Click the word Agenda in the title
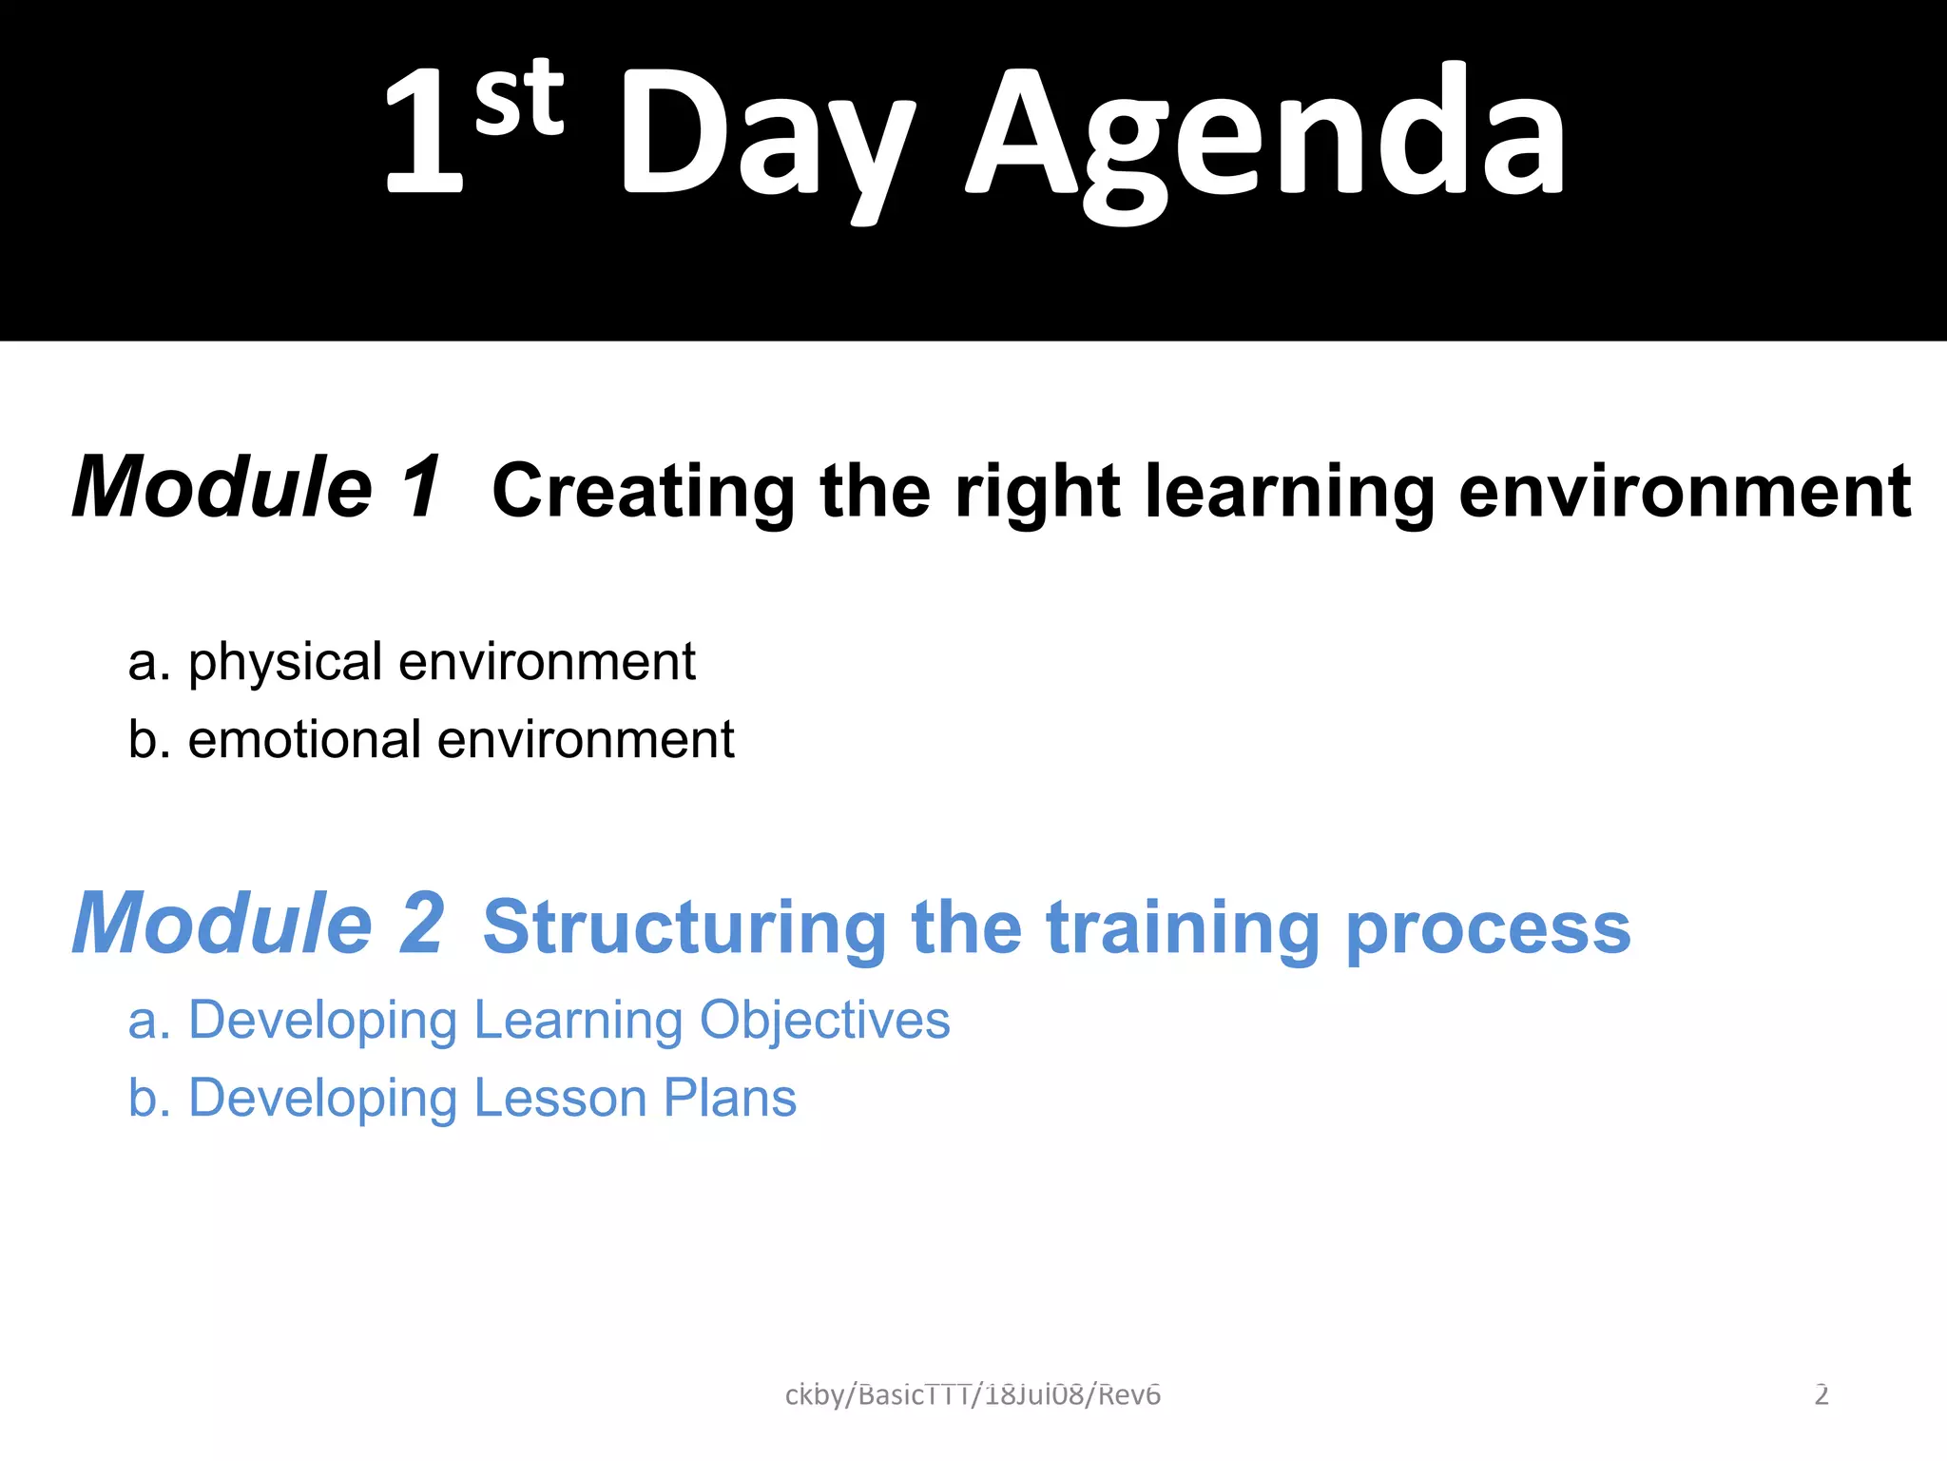(x=1264, y=133)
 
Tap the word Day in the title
(x=765, y=133)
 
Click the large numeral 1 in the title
(x=423, y=133)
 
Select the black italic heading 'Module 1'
(x=257, y=488)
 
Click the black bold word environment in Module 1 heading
(x=1684, y=492)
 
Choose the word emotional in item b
(x=304, y=740)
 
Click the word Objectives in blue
(x=824, y=1021)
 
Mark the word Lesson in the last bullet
(x=560, y=1099)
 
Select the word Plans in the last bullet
(x=729, y=1099)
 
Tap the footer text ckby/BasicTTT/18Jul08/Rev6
(x=973, y=1395)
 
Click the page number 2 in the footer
(x=1822, y=1395)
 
